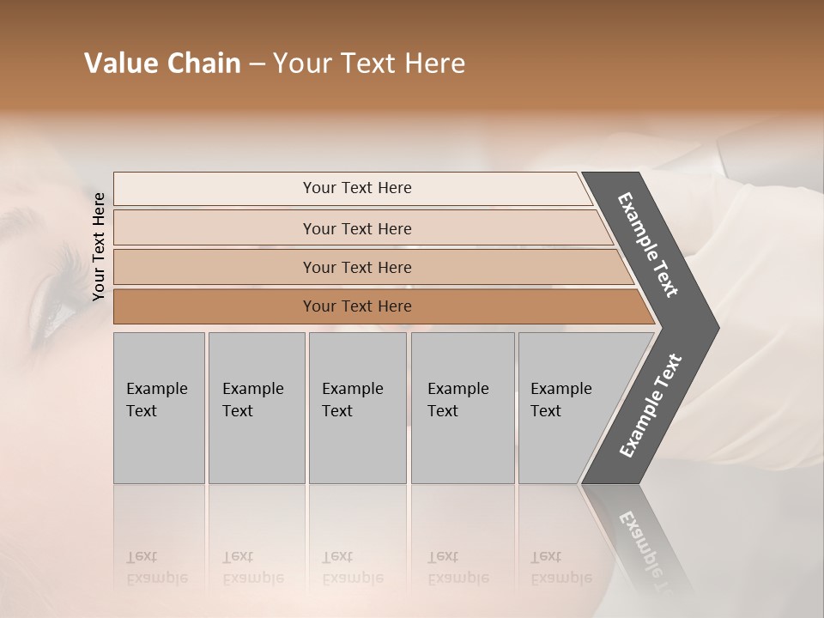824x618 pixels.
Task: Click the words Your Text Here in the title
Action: (x=369, y=64)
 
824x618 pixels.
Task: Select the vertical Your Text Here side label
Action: (x=99, y=246)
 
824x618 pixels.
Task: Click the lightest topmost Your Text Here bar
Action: (x=356, y=188)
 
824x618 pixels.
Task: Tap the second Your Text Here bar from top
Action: (x=357, y=228)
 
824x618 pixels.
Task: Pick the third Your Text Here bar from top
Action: (x=357, y=267)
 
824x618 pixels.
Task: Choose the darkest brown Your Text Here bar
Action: (x=357, y=306)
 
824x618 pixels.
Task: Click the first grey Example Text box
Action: (x=159, y=408)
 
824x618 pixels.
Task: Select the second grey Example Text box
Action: (x=256, y=408)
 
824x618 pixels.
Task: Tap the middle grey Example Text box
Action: (x=357, y=408)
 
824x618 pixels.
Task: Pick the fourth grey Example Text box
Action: (x=462, y=408)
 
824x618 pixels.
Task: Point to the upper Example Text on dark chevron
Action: (x=649, y=245)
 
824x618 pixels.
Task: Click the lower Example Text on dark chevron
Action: (x=651, y=406)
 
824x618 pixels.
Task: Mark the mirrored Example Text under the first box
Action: (x=156, y=567)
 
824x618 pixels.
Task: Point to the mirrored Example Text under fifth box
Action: (x=560, y=567)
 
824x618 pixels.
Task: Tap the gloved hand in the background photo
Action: (x=755, y=257)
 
